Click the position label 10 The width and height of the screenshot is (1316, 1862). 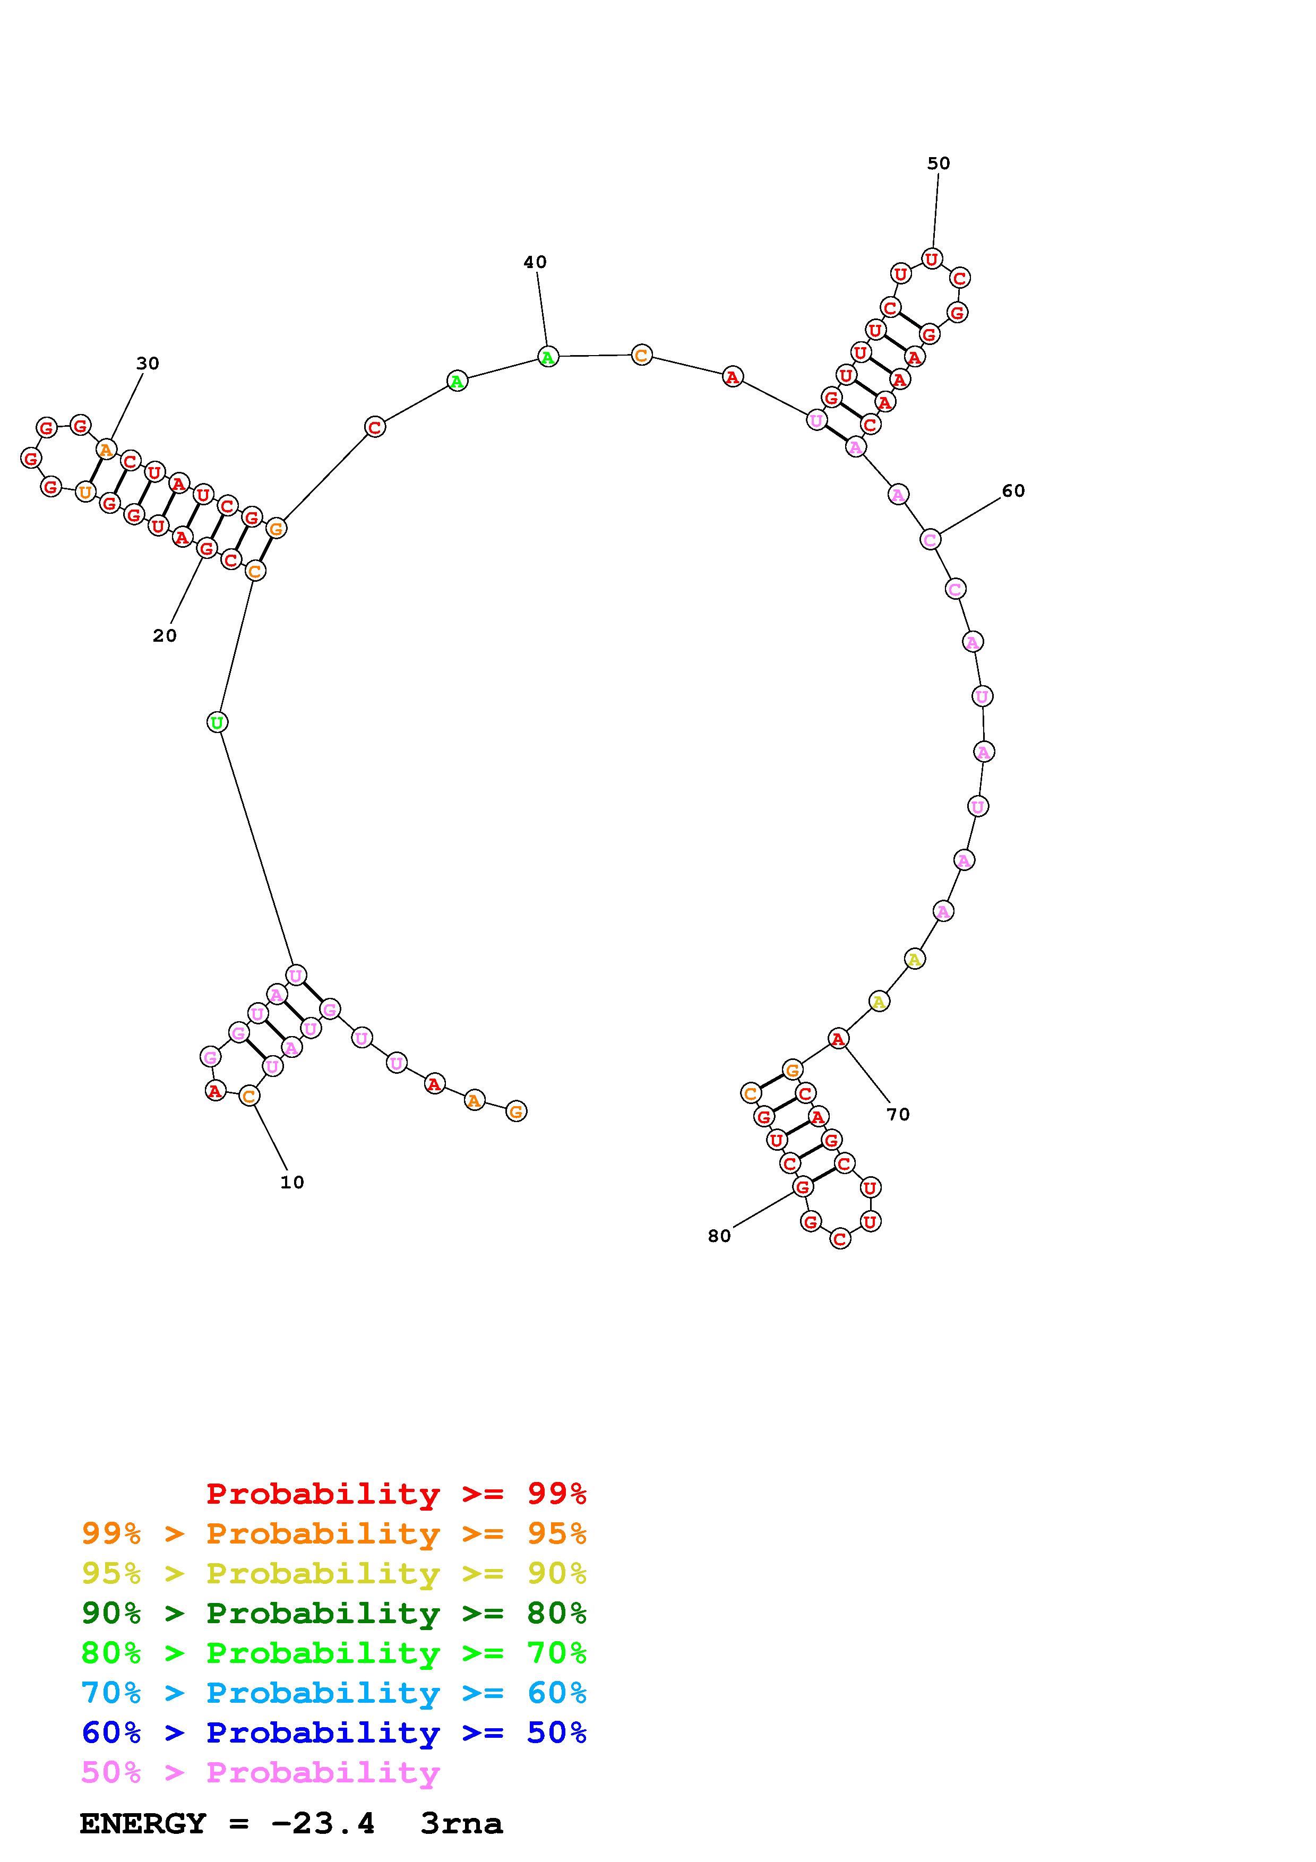(292, 1183)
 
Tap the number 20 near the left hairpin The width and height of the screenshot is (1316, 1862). (165, 636)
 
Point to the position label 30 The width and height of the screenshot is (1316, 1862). (148, 363)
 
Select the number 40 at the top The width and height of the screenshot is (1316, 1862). (535, 262)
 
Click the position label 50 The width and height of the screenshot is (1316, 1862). (938, 163)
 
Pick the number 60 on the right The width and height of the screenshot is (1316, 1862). (1013, 490)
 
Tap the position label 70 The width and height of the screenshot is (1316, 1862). (898, 1114)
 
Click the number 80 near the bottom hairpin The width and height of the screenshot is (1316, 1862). (719, 1236)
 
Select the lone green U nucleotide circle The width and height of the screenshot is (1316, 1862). (217, 722)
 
